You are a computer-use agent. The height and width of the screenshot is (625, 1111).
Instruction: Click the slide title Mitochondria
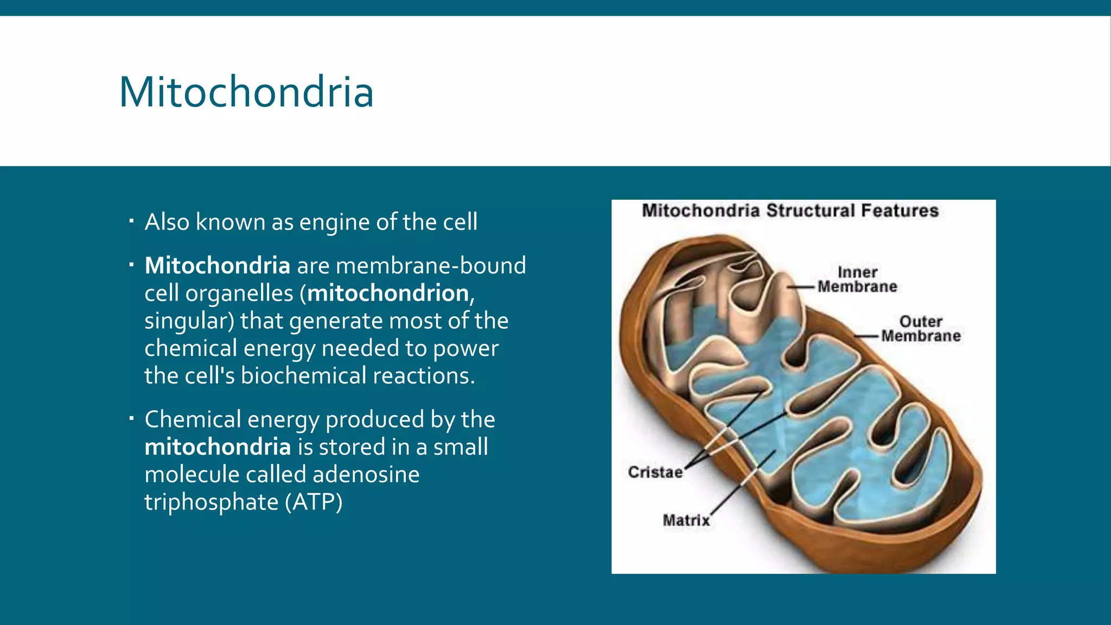[246, 92]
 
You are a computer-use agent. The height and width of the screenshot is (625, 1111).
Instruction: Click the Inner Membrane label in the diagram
[857, 279]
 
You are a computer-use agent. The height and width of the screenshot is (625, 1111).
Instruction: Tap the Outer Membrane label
[921, 329]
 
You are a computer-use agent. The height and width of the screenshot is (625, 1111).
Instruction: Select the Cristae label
[655, 472]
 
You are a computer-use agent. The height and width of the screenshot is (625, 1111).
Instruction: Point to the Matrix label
[686, 520]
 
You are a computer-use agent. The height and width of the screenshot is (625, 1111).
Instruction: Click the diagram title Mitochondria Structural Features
[790, 211]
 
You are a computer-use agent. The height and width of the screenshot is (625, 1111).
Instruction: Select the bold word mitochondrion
[388, 294]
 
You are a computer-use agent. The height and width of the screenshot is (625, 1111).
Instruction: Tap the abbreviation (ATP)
[314, 502]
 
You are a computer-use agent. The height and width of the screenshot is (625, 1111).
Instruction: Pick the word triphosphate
[211, 502]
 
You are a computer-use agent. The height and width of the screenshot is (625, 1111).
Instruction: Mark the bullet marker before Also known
[131, 221]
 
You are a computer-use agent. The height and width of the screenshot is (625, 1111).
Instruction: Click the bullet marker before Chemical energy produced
[131, 418]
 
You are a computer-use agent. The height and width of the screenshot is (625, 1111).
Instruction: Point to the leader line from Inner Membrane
[801, 286]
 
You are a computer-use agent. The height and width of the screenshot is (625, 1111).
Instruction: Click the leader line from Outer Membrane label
[866, 336]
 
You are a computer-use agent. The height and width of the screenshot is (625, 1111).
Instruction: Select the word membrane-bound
[431, 266]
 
